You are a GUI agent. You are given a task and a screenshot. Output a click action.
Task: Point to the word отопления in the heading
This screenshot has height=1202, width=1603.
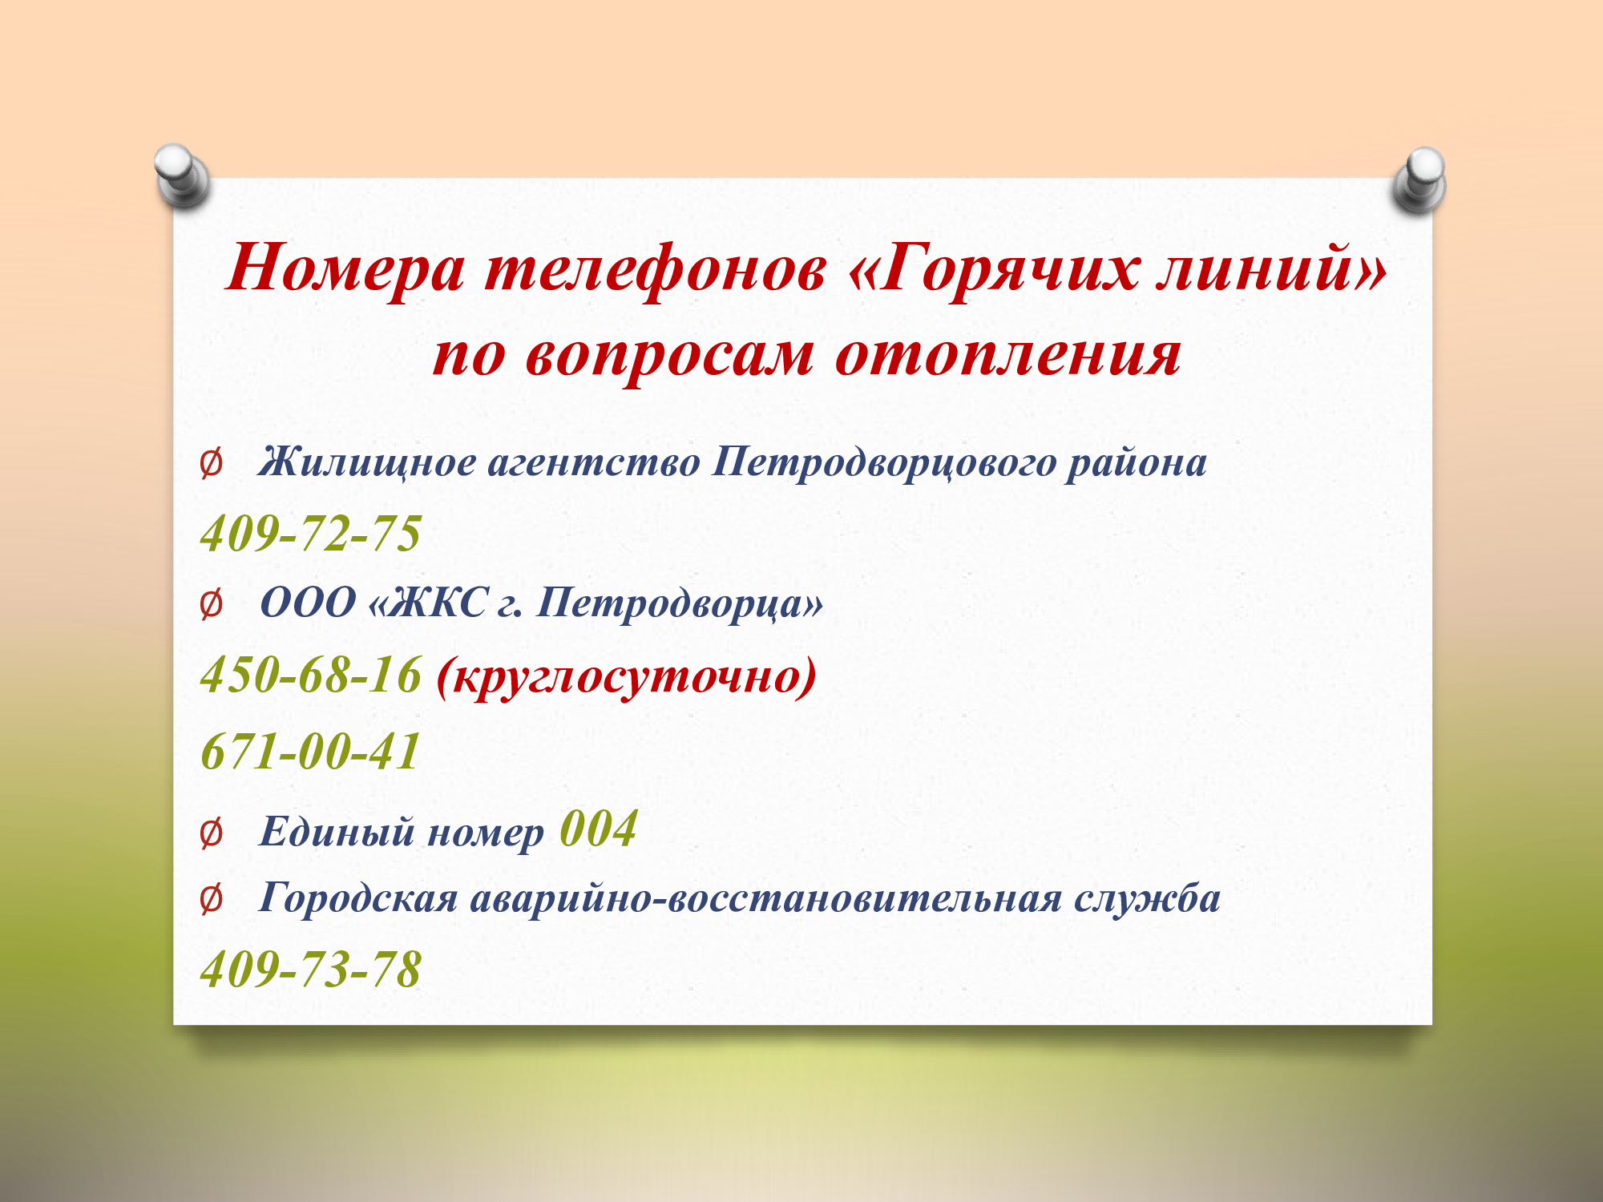point(1007,354)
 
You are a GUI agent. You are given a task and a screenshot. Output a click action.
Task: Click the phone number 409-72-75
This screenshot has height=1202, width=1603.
point(311,534)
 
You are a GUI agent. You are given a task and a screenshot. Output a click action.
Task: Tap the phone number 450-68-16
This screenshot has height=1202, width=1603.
point(311,675)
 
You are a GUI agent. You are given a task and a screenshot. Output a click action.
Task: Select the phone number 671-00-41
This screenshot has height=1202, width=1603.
point(311,752)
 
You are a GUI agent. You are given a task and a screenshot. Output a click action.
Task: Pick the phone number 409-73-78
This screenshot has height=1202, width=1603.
point(311,970)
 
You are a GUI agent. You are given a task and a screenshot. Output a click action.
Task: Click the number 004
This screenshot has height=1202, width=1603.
point(599,829)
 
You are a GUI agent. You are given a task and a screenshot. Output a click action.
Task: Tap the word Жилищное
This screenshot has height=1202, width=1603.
point(367,464)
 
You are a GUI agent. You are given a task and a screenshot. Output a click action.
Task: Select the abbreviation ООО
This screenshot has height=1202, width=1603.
point(308,603)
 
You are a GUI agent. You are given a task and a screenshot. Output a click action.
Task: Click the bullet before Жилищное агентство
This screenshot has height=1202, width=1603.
point(211,465)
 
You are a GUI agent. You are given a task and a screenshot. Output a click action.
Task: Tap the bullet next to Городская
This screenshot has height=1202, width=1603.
point(211,900)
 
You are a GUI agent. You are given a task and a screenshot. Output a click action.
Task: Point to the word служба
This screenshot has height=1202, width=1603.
point(1148,898)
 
